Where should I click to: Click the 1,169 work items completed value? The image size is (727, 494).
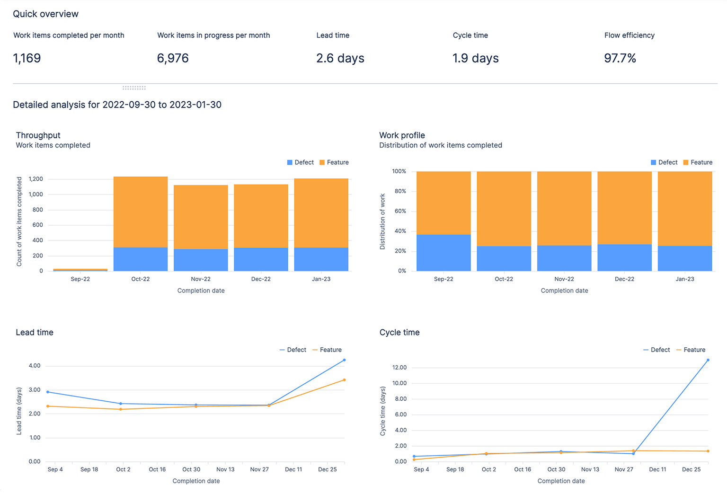point(27,58)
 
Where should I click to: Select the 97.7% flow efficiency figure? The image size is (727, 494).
point(620,58)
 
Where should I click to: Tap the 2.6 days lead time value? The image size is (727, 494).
point(340,58)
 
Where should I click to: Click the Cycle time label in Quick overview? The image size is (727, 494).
point(470,35)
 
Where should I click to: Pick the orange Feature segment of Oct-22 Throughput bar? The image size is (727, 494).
point(141,212)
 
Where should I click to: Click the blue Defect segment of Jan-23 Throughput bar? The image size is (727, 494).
point(321,259)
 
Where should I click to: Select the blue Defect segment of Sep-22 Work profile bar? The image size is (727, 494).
point(443,253)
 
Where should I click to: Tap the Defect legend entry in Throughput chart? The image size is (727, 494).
point(301,162)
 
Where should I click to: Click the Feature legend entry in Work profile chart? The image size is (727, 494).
point(698,162)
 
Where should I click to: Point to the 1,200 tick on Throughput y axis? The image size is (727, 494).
point(36,179)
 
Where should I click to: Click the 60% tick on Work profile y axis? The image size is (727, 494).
point(400,211)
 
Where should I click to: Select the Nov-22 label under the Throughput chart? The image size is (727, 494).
point(201,279)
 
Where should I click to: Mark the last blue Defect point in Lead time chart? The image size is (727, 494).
point(344,360)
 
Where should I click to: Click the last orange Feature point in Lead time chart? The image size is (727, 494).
point(344,380)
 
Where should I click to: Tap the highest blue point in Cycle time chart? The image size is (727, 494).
point(708,360)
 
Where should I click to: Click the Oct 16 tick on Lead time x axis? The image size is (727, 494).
point(157,469)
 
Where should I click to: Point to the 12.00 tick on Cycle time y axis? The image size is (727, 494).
point(399,368)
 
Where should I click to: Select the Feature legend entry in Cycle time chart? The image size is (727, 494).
point(691,350)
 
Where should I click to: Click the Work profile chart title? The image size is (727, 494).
point(402,135)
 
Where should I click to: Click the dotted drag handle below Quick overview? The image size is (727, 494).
point(134,88)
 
